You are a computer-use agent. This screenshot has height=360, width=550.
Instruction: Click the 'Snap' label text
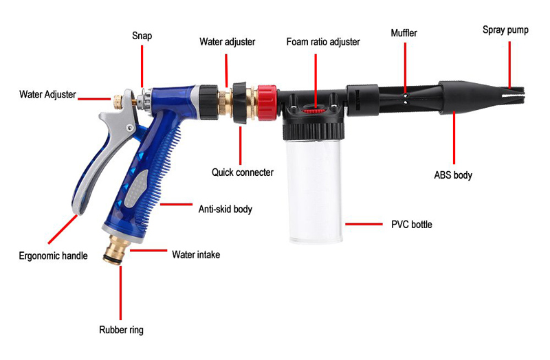click(142, 36)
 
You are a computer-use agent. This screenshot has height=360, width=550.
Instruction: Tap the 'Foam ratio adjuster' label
click(323, 42)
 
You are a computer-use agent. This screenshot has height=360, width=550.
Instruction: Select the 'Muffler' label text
click(404, 33)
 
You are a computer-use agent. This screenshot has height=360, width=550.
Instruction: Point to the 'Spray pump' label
click(505, 30)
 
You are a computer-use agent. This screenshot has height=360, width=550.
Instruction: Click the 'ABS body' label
click(453, 175)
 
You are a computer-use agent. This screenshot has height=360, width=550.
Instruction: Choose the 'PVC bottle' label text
click(412, 225)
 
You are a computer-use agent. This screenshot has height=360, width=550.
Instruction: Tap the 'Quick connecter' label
click(243, 172)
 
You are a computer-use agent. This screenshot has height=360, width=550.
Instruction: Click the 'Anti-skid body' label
click(225, 210)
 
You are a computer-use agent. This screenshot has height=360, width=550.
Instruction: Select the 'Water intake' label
click(196, 254)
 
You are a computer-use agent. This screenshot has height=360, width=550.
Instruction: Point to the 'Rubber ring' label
click(122, 330)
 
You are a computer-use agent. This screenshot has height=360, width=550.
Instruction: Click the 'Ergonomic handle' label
click(54, 256)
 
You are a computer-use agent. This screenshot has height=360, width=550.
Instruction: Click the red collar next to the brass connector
click(268, 102)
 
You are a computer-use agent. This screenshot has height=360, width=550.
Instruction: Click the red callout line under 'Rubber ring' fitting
click(121, 293)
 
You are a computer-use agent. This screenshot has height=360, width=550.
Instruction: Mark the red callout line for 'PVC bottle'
click(364, 224)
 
